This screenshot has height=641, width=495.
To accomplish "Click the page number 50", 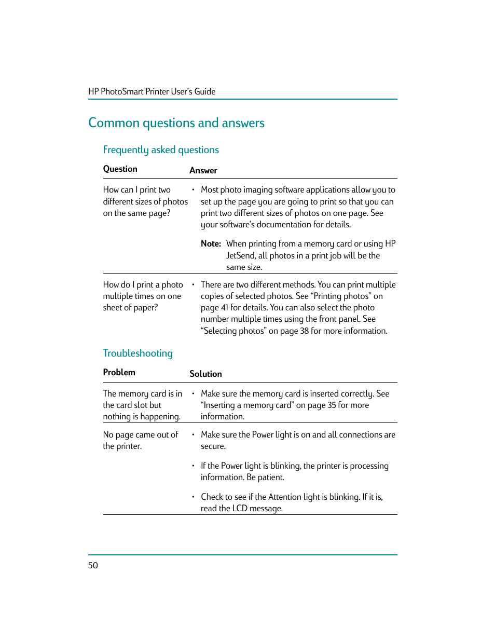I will (x=93, y=565).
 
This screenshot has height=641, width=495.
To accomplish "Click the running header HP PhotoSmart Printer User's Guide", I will (x=152, y=91).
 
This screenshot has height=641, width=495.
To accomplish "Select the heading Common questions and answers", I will (x=176, y=123).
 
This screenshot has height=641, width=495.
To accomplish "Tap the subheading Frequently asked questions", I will (x=161, y=150).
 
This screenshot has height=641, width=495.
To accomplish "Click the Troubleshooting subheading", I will (x=137, y=353).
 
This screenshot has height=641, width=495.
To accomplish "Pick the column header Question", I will (x=120, y=169).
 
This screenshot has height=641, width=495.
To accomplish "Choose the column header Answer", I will (x=203, y=171).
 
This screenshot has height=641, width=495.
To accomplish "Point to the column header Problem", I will (x=119, y=373).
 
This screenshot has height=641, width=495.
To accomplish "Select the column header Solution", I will (x=205, y=374).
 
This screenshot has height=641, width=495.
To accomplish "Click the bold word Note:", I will (x=211, y=244).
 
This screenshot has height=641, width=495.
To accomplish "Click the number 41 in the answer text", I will (x=224, y=308).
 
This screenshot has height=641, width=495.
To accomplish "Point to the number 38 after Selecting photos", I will (x=304, y=331).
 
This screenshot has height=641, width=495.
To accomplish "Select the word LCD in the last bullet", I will (x=240, y=509).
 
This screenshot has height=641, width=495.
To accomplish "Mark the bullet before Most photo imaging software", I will (x=193, y=190).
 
